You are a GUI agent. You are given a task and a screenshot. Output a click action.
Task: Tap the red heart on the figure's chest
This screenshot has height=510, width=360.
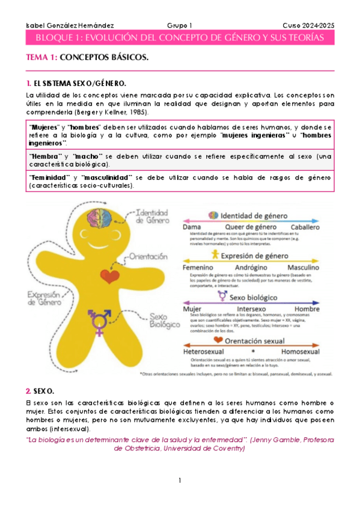[110, 273]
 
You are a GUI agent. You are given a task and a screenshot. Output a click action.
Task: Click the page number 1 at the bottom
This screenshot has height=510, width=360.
[179, 481]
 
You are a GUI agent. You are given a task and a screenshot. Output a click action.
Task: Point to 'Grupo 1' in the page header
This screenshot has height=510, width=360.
[179, 25]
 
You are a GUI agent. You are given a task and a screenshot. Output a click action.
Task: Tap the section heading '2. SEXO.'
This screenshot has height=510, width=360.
[40, 391]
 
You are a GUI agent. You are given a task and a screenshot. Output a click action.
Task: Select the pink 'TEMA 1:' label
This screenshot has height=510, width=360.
[41, 57]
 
